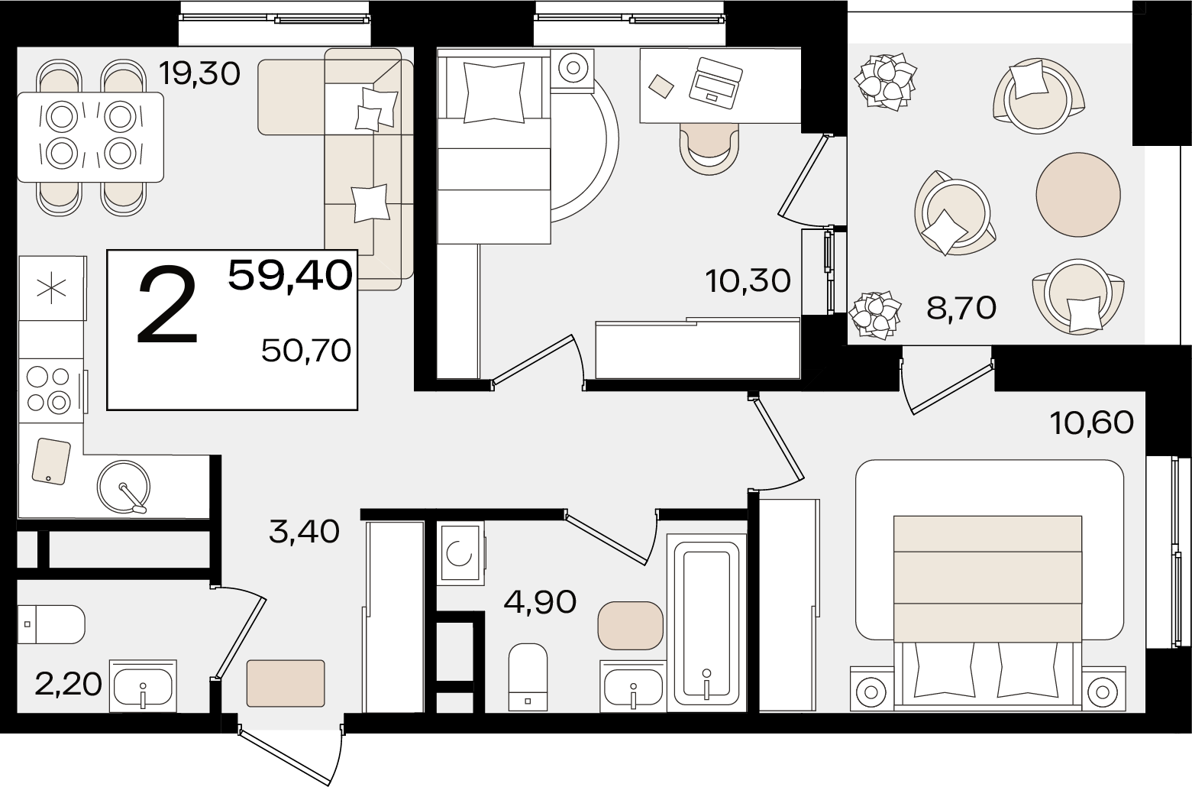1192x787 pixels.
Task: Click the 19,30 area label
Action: click(199, 74)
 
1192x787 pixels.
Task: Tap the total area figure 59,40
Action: click(290, 276)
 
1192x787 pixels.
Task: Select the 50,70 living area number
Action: click(306, 351)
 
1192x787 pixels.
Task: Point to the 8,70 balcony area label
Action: click(961, 308)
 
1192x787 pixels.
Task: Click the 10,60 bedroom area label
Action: click(1092, 423)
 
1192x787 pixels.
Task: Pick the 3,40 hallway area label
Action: click(304, 532)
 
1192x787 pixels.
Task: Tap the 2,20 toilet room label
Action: click(68, 685)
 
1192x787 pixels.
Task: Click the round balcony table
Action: click(1078, 195)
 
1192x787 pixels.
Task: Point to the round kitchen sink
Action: click(124, 487)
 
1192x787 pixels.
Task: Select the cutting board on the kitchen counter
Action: click(51, 462)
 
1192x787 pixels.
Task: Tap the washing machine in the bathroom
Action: click(460, 553)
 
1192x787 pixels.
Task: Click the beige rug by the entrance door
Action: click(286, 683)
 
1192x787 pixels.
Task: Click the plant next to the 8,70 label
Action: click(875, 316)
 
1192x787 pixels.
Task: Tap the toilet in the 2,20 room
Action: click(51, 624)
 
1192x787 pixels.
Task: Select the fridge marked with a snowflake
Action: click(52, 289)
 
